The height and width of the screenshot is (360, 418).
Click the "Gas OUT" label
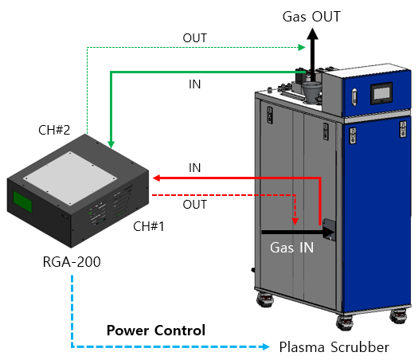pyautogui.click(x=311, y=17)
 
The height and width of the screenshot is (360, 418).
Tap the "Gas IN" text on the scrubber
pyautogui.click(x=291, y=248)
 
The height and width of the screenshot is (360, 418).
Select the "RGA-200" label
pyautogui.click(x=72, y=262)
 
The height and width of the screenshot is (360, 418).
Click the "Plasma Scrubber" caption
pyautogui.click(x=334, y=347)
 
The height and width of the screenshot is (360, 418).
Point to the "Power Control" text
pyautogui.click(x=156, y=331)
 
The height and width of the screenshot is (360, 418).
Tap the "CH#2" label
pyautogui.click(x=54, y=130)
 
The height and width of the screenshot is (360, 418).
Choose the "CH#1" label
pyautogui.click(x=148, y=226)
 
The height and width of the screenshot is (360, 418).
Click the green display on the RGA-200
pyautogui.click(x=22, y=202)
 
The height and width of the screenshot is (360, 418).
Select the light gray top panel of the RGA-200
pyautogui.click(x=70, y=178)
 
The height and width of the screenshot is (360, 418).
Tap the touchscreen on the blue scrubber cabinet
pyautogui.click(x=381, y=93)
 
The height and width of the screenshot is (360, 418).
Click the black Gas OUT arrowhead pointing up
pyautogui.click(x=312, y=34)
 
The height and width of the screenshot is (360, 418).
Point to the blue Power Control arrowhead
pyautogui.click(x=265, y=346)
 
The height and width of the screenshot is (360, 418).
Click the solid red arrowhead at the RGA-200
pyautogui.click(x=156, y=178)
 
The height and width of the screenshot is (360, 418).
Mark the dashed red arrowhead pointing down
pyautogui.click(x=295, y=221)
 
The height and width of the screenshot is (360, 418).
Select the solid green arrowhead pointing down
pyautogui.click(x=111, y=144)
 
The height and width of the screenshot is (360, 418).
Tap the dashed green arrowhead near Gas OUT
pyautogui.click(x=302, y=48)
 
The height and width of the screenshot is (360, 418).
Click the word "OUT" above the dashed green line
pyautogui.click(x=194, y=38)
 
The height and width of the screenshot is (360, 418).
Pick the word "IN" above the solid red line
pyautogui.click(x=194, y=168)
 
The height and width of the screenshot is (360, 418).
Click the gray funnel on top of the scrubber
pyautogui.click(x=311, y=92)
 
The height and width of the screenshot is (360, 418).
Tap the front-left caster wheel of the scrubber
pyautogui.click(x=265, y=300)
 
